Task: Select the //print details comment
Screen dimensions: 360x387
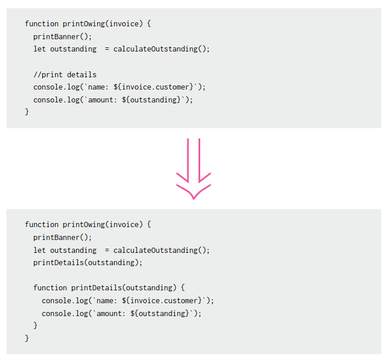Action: pos(65,74)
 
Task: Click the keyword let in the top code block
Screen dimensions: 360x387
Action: pos(40,49)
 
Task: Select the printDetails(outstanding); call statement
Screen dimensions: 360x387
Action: pos(88,263)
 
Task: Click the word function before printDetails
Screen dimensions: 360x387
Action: pos(50,288)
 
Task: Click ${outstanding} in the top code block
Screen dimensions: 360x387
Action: pos(153,100)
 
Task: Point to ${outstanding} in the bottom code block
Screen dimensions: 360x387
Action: pos(162,314)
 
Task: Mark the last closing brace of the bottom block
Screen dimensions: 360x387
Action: pos(27,338)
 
